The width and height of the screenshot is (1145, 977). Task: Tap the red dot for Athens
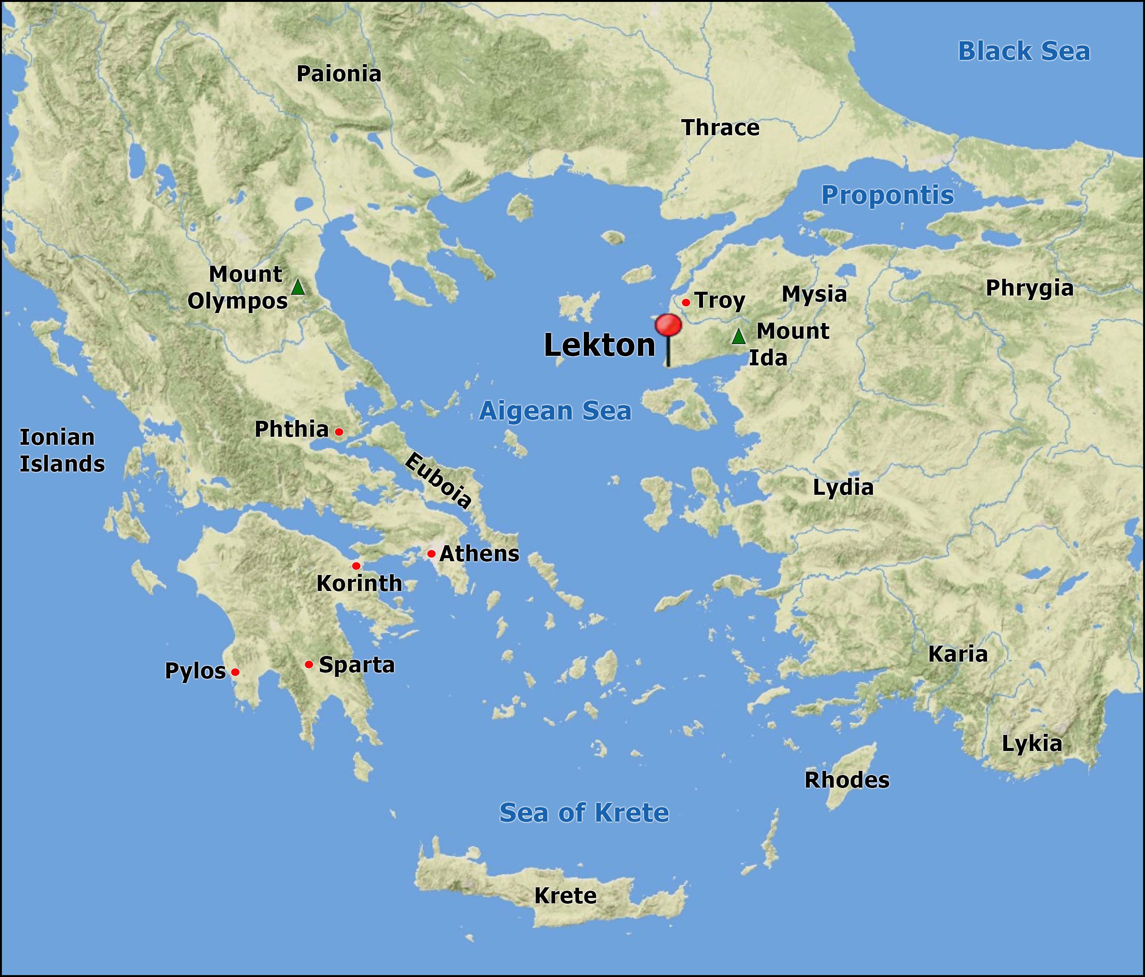431,554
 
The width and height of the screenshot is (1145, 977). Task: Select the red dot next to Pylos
235,672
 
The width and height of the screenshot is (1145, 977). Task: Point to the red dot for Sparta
309,664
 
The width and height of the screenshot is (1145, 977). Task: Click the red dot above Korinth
356,566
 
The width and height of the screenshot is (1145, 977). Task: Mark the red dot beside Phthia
339,431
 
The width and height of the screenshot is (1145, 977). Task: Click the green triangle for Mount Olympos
298,287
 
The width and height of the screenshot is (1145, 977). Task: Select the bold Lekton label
600,345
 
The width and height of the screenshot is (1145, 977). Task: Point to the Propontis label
887,195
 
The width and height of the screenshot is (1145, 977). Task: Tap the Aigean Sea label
555,411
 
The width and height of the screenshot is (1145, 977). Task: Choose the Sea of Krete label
584,813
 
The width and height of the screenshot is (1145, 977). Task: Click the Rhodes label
847,780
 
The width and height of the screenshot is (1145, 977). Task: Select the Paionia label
339,74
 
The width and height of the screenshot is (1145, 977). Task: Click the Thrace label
720,128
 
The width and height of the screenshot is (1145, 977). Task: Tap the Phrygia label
1029,288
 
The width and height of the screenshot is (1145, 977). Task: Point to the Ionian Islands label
62,451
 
